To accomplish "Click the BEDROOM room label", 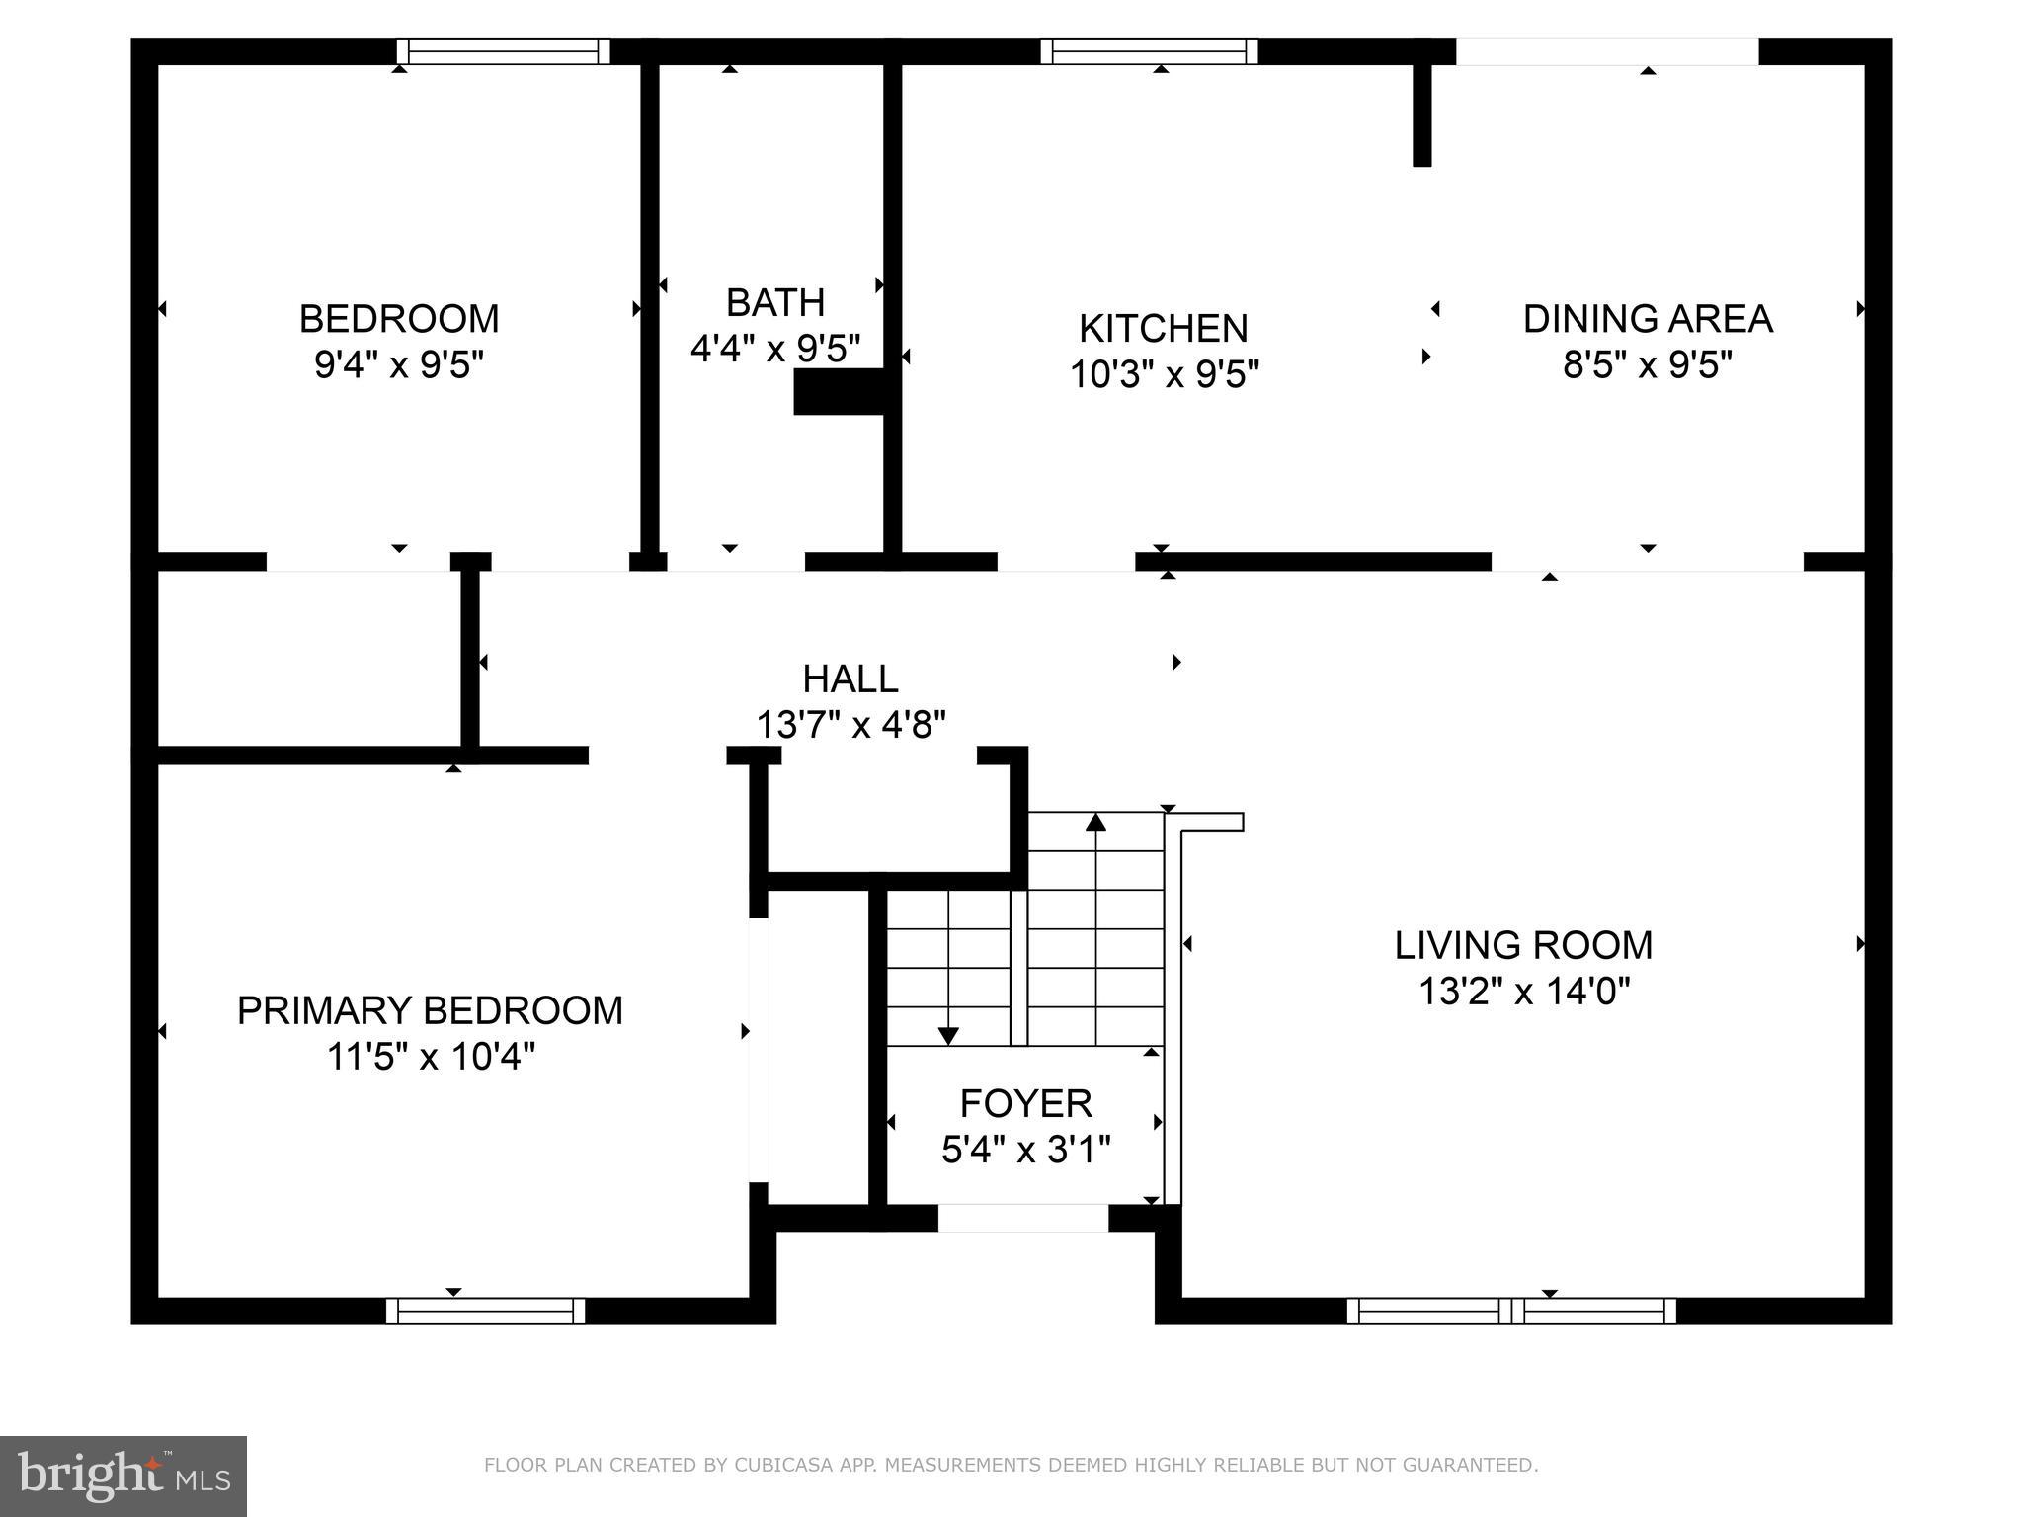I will click(x=399, y=319).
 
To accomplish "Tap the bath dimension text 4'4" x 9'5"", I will click(x=775, y=349).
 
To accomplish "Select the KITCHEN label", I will click(x=1163, y=328).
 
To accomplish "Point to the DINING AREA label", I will click(x=1647, y=319).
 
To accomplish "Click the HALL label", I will click(x=850, y=679).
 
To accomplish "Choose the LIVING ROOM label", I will click(x=1522, y=945).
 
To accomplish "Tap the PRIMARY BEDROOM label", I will click(x=430, y=1010).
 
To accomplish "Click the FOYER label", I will click(x=1025, y=1103).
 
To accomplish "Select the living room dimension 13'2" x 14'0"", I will click(x=1523, y=991).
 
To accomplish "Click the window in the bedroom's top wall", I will click(x=503, y=51).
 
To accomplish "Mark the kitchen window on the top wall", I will click(x=1149, y=51).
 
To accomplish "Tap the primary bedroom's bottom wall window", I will click(x=485, y=1311).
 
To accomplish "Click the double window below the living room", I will click(x=1511, y=1311).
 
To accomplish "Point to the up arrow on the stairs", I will click(x=1095, y=822).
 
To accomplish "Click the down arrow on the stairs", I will click(x=948, y=1035).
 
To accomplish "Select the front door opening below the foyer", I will click(x=1022, y=1218).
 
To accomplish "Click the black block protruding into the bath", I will click(x=839, y=391).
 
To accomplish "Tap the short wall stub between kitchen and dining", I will click(x=1421, y=114).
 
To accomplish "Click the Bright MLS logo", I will click(x=123, y=1477).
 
